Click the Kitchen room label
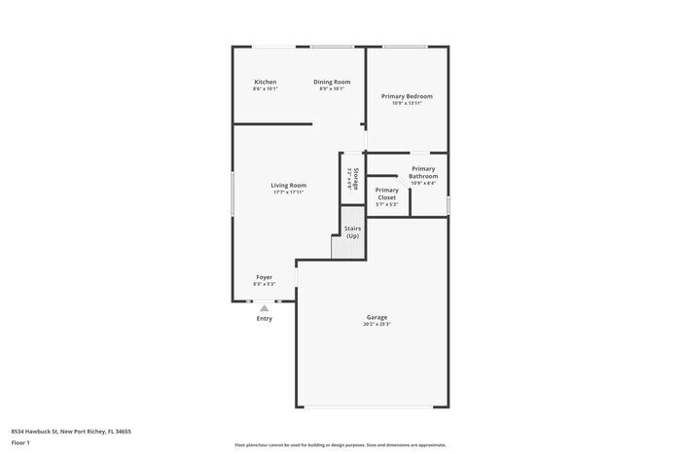(x=266, y=82)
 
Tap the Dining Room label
(x=332, y=82)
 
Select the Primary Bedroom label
(x=407, y=96)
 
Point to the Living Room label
(x=289, y=185)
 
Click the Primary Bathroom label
(x=424, y=172)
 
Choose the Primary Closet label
(x=387, y=193)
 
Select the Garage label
(x=377, y=317)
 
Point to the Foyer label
(x=265, y=277)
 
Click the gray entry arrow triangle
(x=264, y=308)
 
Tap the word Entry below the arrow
(x=265, y=319)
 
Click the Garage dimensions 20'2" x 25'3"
(x=377, y=325)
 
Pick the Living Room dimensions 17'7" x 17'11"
(x=289, y=192)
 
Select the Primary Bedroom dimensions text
(x=407, y=104)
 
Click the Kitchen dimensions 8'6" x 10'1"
(x=266, y=89)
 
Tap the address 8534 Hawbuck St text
(x=71, y=431)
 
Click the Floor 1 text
(x=21, y=443)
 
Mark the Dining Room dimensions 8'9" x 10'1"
(x=332, y=89)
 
